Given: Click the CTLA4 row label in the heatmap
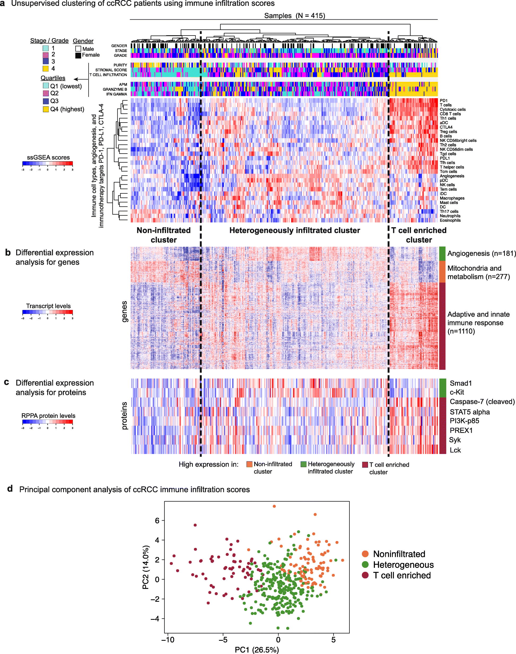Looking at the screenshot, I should tap(446, 127).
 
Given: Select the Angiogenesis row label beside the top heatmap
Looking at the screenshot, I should tap(452, 176).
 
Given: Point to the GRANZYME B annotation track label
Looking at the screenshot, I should tap(115, 89).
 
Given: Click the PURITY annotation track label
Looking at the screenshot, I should tap(120, 65).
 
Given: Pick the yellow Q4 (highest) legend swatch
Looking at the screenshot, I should tap(46, 109).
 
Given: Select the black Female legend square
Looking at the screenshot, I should tap(78, 55).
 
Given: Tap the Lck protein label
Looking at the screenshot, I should tap(455, 450).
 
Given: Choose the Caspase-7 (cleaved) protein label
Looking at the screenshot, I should tap(482, 402).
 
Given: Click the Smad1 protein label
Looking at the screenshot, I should tap(461, 383).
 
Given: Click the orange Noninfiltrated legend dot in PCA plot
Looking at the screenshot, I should tap(365, 554).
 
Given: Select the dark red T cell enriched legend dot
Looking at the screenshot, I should tap(365, 575).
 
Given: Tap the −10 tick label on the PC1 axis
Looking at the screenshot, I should tap(168, 639).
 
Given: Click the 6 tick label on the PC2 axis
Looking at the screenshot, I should tap(157, 520).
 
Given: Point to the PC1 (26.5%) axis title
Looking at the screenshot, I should tap(257, 649).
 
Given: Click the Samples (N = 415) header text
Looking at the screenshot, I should tap(295, 16).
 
